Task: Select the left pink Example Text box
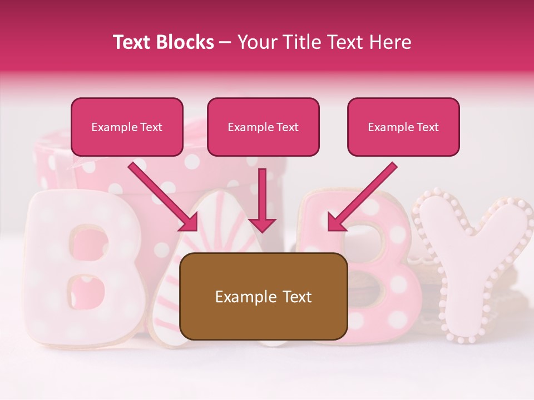(x=127, y=127)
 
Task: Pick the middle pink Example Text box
(x=263, y=127)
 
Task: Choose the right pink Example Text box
(x=403, y=127)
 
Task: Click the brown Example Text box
(x=263, y=297)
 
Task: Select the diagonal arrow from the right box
(x=362, y=197)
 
